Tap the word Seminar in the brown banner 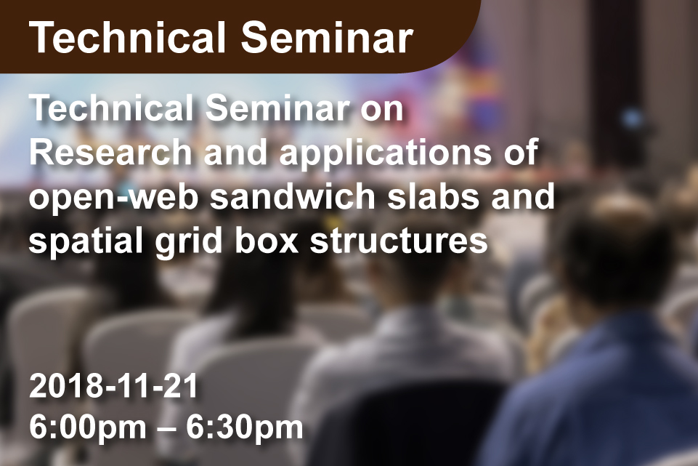click(327, 37)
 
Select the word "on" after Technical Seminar click(382, 109)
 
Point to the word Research click(110, 152)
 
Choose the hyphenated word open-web click(113, 197)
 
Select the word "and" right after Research click(235, 152)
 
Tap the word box click(267, 240)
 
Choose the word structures click(399, 241)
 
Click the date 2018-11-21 click(113, 386)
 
